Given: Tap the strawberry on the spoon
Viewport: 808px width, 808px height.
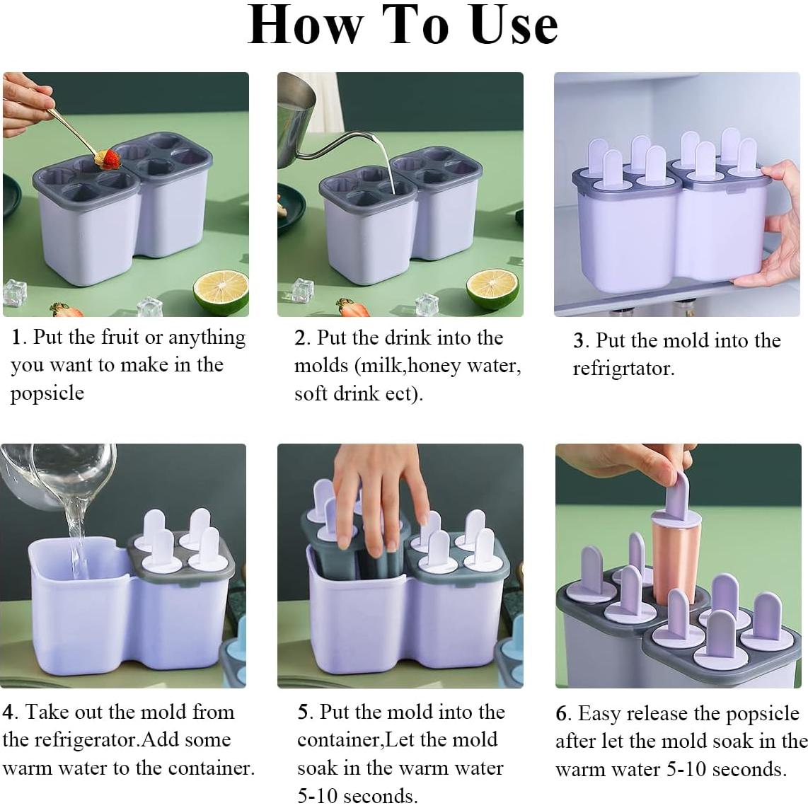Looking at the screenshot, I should click(x=110, y=159).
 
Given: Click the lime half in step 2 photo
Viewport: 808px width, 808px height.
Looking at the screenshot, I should click(x=493, y=290).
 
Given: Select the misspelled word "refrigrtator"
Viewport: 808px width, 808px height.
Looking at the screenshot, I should click(x=623, y=369).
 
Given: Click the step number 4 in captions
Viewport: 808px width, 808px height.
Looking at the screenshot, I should click(x=8, y=712).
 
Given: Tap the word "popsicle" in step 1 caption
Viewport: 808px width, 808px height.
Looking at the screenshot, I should click(x=47, y=393).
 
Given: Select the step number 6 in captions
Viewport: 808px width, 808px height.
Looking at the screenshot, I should click(x=562, y=714).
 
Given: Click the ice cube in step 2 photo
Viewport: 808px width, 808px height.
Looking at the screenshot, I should click(x=428, y=304).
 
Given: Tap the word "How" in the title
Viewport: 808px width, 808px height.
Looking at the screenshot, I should click(x=306, y=25).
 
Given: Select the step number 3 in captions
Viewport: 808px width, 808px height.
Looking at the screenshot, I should click(x=579, y=342).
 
